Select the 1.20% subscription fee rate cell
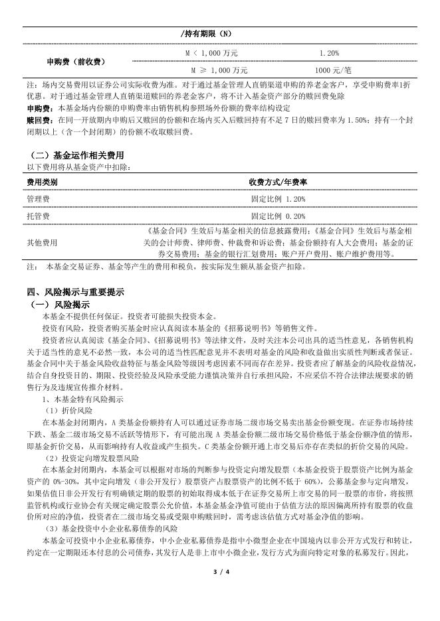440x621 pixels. [329, 52]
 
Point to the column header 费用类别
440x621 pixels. [43, 182]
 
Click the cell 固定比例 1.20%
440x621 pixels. [278, 198]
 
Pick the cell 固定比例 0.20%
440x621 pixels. [278, 216]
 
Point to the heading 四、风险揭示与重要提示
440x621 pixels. [76, 291]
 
